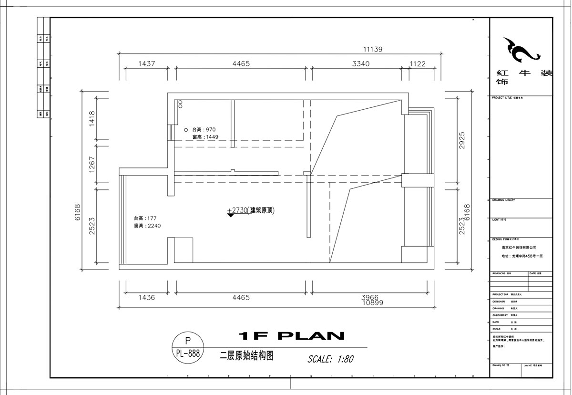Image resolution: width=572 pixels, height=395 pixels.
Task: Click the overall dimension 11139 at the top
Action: (x=373, y=49)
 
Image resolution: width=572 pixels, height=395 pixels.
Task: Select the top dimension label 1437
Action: (x=146, y=63)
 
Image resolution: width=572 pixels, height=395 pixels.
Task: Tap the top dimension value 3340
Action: (x=360, y=63)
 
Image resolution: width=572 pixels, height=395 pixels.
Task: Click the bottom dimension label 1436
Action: (x=146, y=298)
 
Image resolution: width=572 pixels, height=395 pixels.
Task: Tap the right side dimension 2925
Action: (x=461, y=140)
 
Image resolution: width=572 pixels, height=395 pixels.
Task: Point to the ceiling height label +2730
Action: (x=236, y=210)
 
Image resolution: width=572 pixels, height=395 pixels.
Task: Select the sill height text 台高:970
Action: (x=204, y=130)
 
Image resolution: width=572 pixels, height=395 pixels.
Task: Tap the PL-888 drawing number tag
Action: (x=187, y=353)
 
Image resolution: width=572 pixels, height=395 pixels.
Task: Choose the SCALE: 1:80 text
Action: (x=330, y=359)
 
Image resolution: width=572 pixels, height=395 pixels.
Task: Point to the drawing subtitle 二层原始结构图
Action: (x=246, y=355)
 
